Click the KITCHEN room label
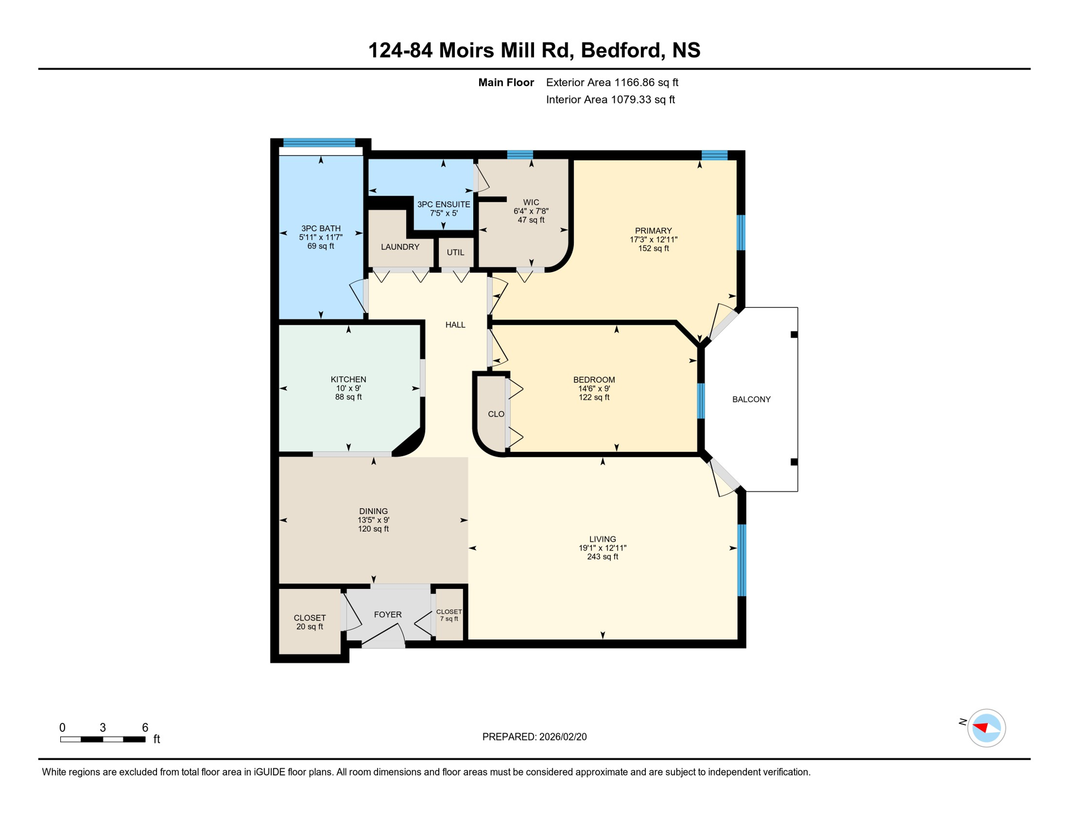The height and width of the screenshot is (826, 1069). [x=348, y=379]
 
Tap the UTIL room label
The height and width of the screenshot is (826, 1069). [x=455, y=252]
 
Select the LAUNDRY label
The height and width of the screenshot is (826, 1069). [x=400, y=247]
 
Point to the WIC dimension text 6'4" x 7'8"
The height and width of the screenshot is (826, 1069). [x=531, y=211]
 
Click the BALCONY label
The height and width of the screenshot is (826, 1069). [x=751, y=399]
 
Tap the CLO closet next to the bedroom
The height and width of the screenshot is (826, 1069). [x=495, y=414]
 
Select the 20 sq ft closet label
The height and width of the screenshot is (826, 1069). [x=310, y=626]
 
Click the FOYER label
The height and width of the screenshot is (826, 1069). [x=388, y=614]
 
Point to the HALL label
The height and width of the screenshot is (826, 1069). [x=455, y=325]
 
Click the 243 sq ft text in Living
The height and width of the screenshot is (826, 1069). [x=602, y=557]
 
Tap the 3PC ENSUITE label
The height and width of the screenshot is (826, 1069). [x=444, y=204]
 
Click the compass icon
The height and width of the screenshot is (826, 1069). [x=986, y=728]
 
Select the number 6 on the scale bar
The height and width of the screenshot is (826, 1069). [x=145, y=728]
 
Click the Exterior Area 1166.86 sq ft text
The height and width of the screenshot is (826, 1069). [x=612, y=82]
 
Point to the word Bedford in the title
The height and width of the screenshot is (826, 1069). [x=621, y=50]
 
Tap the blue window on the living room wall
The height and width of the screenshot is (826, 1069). [x=742, y=559]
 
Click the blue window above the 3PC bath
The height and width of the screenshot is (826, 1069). [x=319, y=143]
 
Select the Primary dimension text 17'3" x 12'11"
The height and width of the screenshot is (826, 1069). [x=653, y=239]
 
